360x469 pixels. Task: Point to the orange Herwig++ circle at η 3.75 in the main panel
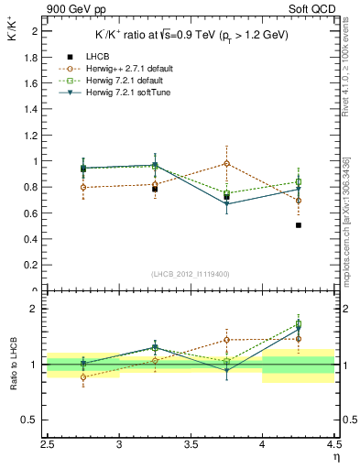[x=227, y=163]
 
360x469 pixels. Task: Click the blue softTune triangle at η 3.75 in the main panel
[x=227, y=204]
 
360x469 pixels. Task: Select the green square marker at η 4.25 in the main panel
[x=299, y=181]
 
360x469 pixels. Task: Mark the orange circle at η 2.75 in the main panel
[x=83, y=187]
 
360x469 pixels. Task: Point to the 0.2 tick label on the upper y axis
[x=33, y=266]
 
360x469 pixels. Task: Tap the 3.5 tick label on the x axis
[x=191, y=446]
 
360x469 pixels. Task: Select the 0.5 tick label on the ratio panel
[x=33, y=420]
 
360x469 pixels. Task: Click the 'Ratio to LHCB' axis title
[x=13, y=365]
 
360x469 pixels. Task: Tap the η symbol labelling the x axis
[x=336, y=458]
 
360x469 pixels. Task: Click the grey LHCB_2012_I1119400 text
[x=191, y=274]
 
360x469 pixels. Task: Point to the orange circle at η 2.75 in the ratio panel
[x=83, y=376]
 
